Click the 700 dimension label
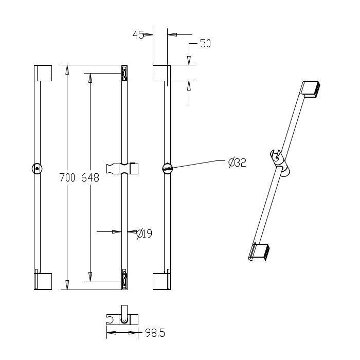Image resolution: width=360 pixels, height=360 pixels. coord(67,178)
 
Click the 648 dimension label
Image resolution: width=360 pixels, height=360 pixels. coord(90,178)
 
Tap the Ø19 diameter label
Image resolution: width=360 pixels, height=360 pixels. coord(144,233)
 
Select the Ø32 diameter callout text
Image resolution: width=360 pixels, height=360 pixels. coord(238,163)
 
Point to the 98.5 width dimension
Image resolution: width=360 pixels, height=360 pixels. coord(155,333)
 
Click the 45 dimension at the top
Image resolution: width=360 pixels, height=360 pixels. coord(138,35)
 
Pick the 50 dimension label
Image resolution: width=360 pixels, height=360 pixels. coord(205,43)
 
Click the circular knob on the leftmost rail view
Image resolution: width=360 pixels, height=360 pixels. coord(37,169)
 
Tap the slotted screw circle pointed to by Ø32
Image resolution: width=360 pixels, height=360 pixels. coord(167,169)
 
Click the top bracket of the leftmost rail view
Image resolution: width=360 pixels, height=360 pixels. coord(43,73)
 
